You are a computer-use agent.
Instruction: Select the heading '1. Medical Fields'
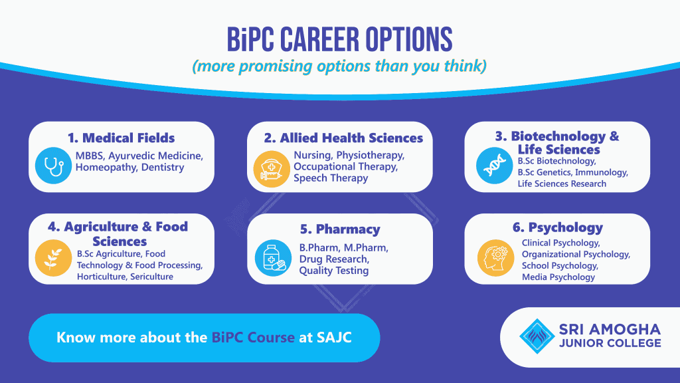(x=122, y=138)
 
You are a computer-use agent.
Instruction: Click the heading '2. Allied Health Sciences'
(x=343, y=138)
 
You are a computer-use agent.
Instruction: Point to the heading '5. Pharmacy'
(x=340, y=229)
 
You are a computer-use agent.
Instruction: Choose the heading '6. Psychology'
(x=558, y=227)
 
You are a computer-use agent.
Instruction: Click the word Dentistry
(x=159, y=167)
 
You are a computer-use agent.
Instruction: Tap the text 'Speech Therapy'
(x=331, y=178)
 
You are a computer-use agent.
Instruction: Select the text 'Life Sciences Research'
(x=562, y=184)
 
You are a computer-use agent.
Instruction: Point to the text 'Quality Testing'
(x=333, y=270)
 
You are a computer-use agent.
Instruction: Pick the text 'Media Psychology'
(x=558, y=277)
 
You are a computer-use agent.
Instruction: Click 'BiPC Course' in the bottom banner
(x=253, y=337)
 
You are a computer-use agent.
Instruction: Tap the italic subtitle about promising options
(x=339, y=67)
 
